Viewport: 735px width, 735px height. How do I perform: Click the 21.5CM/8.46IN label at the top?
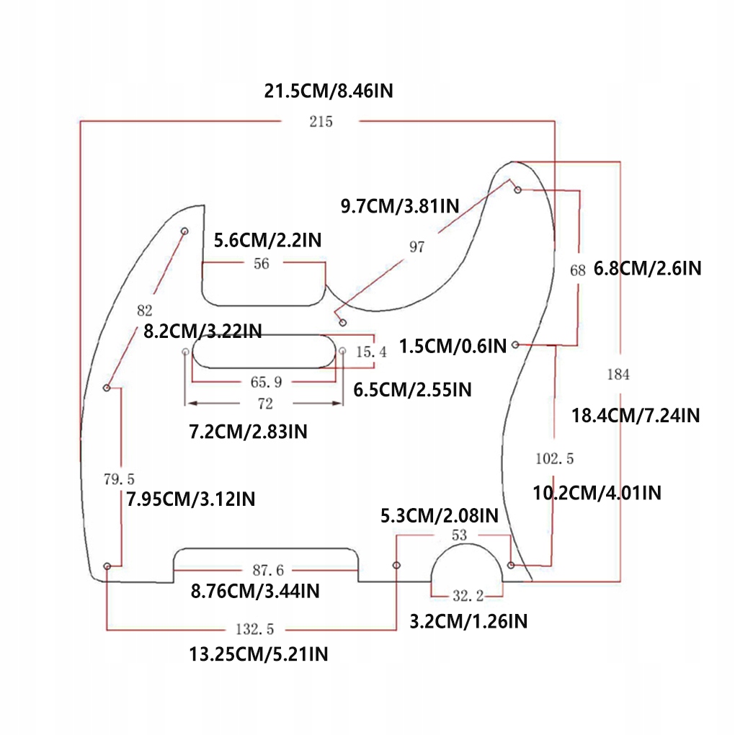click(328, 92)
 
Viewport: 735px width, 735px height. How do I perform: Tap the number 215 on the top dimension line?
click(321, 122)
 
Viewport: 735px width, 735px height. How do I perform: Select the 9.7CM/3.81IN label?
click(399, 205)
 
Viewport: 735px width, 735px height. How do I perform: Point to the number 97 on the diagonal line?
click(417, 247)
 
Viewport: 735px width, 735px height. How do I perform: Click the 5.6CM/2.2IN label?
click(267, 239)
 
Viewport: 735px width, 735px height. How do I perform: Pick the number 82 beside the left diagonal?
click(145, 311)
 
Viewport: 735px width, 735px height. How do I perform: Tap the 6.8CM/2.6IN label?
click(647, 269)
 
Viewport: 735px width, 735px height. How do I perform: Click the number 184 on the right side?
click(618, 374)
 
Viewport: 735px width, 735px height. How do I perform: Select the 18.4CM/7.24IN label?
click(635, 415)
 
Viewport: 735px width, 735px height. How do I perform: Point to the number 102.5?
click(556, 459)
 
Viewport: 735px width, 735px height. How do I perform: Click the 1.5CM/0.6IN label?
click(453, 346)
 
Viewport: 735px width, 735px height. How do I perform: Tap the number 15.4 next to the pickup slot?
click(372, 352)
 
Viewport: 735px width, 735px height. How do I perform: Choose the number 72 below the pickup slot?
click(265, 404)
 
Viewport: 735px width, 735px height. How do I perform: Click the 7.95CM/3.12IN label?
click(190, 499)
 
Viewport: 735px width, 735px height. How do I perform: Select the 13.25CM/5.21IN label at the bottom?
click(259, 654)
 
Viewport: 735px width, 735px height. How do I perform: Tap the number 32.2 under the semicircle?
click(467, 596)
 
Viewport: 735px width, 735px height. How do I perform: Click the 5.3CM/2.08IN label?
click(439, 515)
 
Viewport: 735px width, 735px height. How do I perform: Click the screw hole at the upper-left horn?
click(184, 231)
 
